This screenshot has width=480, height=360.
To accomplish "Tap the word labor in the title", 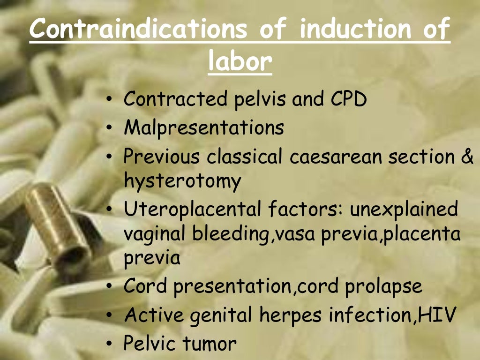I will click(x=240, y=61).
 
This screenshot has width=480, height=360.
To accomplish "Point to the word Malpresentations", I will click(x=203, y=128).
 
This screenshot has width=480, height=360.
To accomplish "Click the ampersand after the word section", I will click(x=467, y=157).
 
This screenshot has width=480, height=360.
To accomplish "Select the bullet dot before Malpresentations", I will click(x=109, y=128).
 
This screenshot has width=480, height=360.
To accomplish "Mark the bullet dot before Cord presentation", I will click(x=109, y=287).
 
